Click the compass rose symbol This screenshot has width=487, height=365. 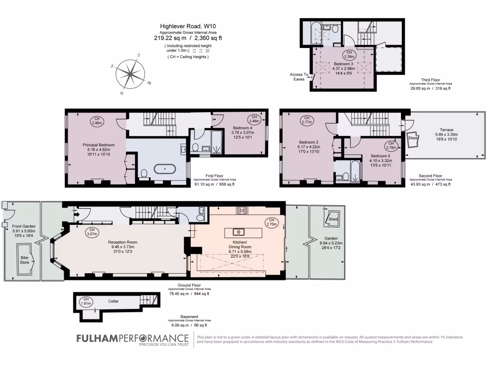130,74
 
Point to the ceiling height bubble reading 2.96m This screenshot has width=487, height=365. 97,121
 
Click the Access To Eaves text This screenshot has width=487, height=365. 299,77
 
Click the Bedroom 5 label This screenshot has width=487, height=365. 380,156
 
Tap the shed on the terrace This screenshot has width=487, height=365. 414,136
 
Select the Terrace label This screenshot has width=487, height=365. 446,130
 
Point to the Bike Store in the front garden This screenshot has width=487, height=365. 25,259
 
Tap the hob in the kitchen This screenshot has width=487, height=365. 242,210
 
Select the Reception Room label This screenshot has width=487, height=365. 122,242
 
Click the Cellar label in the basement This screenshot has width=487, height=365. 113,301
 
